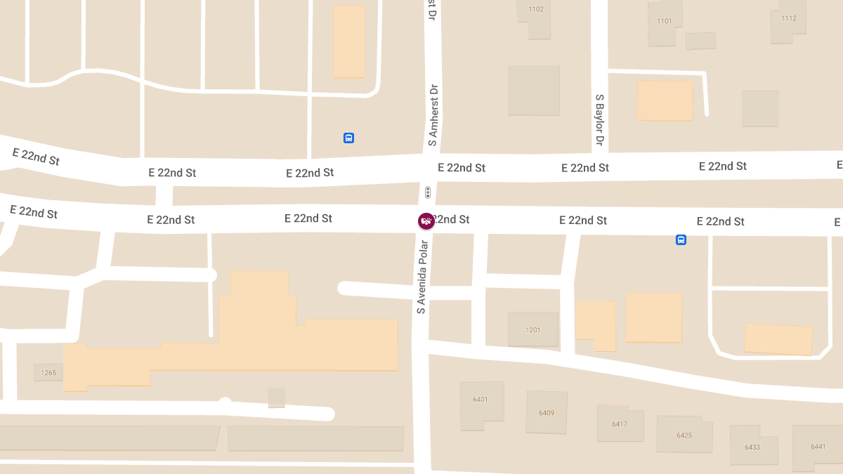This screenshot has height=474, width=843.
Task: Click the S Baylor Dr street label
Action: click(x=600, y=120)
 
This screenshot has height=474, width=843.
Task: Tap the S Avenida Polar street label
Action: click(x=421, y=277)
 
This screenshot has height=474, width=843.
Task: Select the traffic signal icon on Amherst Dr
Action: click(x=428, y=192)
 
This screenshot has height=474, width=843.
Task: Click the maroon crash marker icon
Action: click(x=426, y=221)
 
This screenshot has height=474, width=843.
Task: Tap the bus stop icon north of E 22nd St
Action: click(x=348, y=138)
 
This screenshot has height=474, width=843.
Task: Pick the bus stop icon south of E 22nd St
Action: click(x=681, y=240)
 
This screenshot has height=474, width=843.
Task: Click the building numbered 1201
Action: click(x=533, y=329)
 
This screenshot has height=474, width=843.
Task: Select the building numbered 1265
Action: click(x=48, y=372)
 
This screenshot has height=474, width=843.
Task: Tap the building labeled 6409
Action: click(x=546, y=412)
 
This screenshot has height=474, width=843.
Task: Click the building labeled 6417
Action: click(x=620, y=423)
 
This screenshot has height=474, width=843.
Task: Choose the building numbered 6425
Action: click(x=684, y=434)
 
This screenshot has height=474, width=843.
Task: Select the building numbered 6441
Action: click(x=818, y=447)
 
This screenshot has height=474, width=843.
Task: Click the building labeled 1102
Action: click(x=536, y=14)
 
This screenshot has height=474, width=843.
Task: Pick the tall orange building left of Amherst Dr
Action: click(x=348, y=41)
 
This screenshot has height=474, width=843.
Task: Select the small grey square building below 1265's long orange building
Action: click(x=277, y=397)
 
